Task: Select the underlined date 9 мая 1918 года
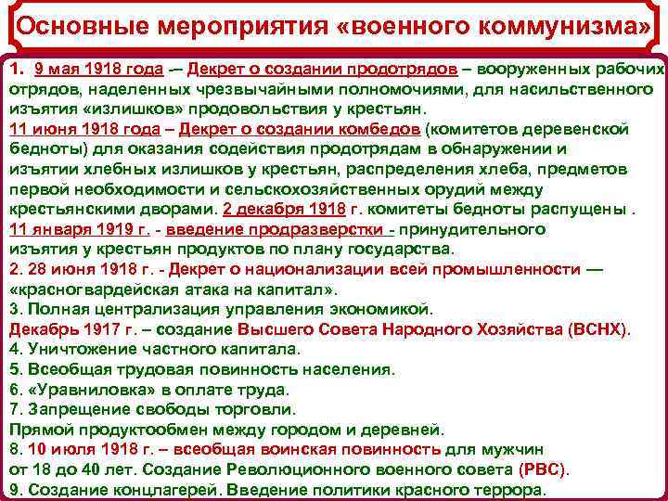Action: pos(93,70)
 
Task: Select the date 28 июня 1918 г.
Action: pos(88,270)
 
